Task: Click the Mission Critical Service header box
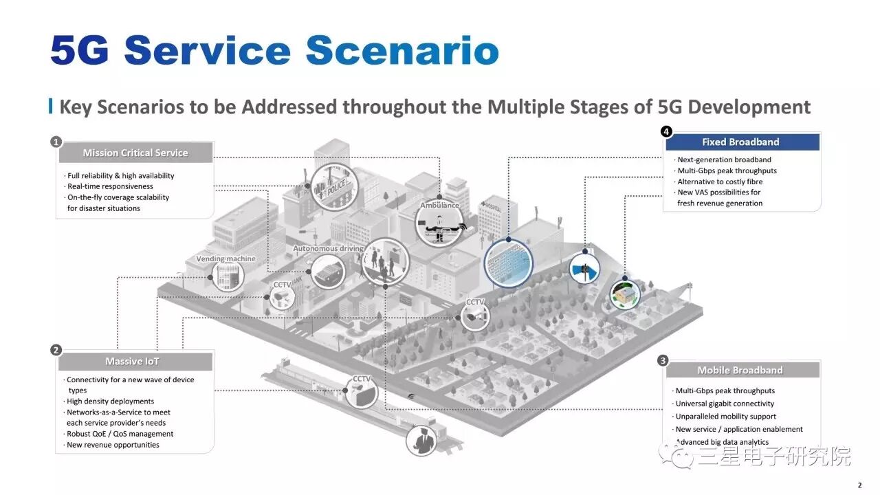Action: tap(135, 153)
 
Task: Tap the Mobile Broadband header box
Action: tap(740, 371)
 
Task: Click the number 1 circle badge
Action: tap(56, 142)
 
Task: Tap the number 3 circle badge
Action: tap(663, 360)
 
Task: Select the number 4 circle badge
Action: tap(665, 131)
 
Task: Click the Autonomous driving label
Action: tap(328, 248)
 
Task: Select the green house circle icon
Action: tap(625, 294)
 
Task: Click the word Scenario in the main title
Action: tap(402, 52)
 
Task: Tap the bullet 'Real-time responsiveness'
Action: tap(110, 186)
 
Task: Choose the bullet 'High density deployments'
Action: tap(110, 401)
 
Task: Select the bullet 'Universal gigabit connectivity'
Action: tap(725, 404)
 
